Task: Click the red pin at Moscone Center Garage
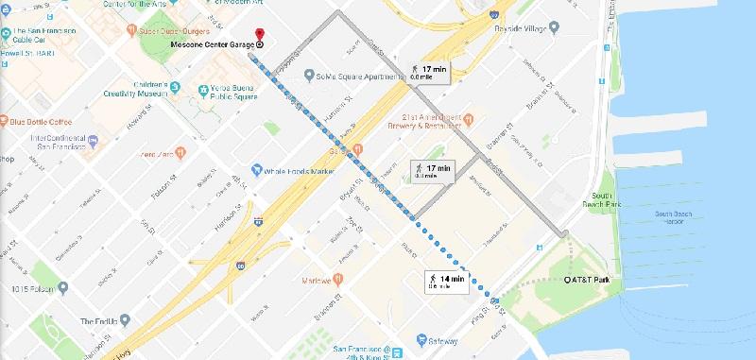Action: (260, 33)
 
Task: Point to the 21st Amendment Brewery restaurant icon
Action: (470, 120)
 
